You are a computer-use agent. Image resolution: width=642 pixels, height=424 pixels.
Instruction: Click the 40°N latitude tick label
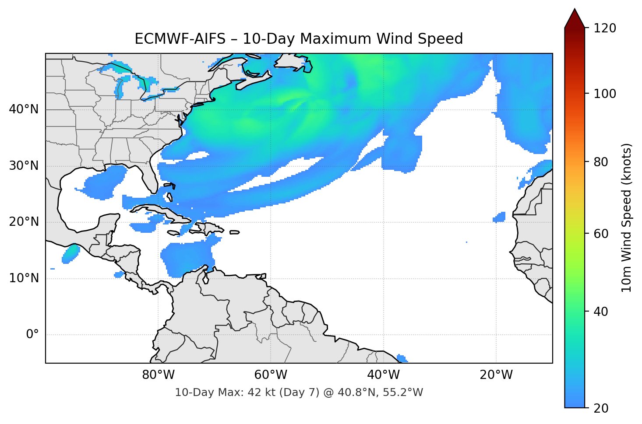24,109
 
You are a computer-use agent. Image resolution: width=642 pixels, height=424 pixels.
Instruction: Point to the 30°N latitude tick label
24,166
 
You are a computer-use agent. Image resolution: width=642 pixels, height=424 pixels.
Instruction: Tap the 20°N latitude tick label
24,222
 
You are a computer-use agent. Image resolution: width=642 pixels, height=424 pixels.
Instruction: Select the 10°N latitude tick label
24,278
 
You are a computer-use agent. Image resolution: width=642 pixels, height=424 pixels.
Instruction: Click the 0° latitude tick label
32,335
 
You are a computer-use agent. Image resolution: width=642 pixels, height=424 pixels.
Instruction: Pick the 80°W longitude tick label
158,375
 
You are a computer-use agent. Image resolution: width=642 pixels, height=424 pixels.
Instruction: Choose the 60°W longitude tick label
271,375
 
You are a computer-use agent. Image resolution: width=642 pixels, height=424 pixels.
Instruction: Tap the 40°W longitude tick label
383,375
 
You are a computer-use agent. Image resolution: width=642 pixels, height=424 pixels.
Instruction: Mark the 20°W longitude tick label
496,375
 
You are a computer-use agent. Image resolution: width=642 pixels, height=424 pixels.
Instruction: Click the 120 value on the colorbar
605,28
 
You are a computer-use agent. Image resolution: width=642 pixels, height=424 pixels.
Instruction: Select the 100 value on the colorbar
605,94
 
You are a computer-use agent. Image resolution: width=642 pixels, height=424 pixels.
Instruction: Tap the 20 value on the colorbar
601,408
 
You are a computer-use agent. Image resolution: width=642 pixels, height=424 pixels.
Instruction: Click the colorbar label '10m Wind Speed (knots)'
627,217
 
